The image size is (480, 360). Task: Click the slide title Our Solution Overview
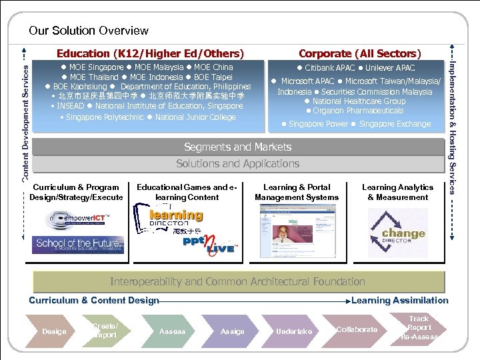(89, 31)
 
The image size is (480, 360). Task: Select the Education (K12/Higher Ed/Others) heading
(150, 53)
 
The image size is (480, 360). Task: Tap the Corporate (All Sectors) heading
(359, 53)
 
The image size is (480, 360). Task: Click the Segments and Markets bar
(237, 147)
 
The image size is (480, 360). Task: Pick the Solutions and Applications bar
(237, 164)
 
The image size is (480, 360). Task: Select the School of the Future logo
(79, 244)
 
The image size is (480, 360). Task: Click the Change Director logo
(399, 234)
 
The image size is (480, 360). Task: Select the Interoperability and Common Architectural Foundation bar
(237, 281)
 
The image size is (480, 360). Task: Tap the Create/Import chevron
(105, 331)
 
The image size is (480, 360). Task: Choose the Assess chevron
(172, 331)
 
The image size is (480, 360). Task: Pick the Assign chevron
(231, 331)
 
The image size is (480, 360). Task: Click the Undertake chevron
(293, 331)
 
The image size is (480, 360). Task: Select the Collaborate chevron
(356, 330)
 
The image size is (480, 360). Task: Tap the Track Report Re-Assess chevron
(419, 329)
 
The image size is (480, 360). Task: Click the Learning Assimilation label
(399, 301)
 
